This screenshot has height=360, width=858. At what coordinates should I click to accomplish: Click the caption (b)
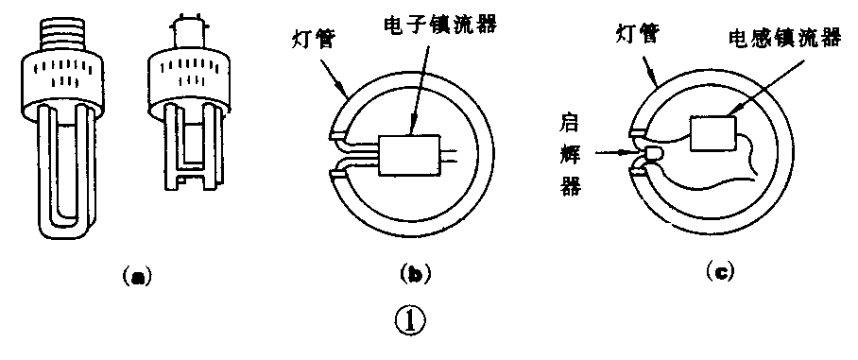click(415, 275)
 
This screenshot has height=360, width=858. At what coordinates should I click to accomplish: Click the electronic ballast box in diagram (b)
click(413, 152)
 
